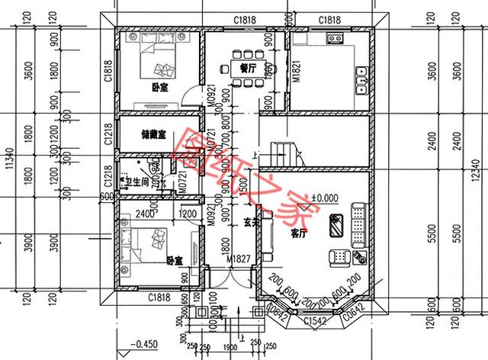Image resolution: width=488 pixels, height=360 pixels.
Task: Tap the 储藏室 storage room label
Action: tap(155, 133)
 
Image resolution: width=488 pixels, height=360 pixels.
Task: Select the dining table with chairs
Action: tap(246, 54)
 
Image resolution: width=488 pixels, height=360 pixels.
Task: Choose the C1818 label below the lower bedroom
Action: tap(158, 296)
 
